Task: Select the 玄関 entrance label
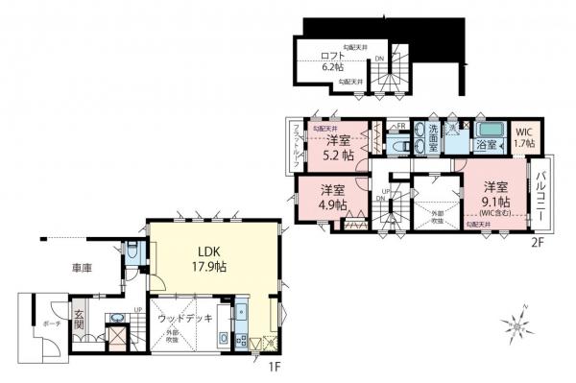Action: tap(79, 320)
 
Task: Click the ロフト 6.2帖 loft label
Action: tap(331, 62)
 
